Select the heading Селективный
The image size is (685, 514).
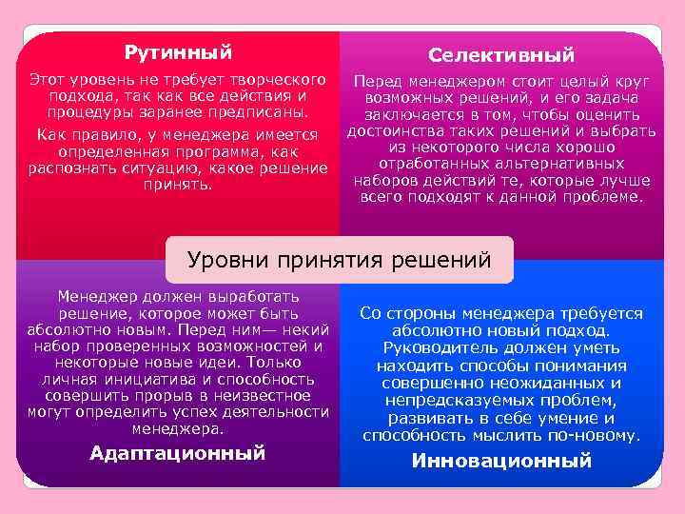tap(500, 55)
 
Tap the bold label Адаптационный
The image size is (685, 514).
tap(177, 453)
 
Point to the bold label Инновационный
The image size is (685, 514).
tap(500, 461)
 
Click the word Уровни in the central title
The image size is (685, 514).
tap(225, 259)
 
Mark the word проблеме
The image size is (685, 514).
tap(601, 197)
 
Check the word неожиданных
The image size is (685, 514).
tap(549, 383)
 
